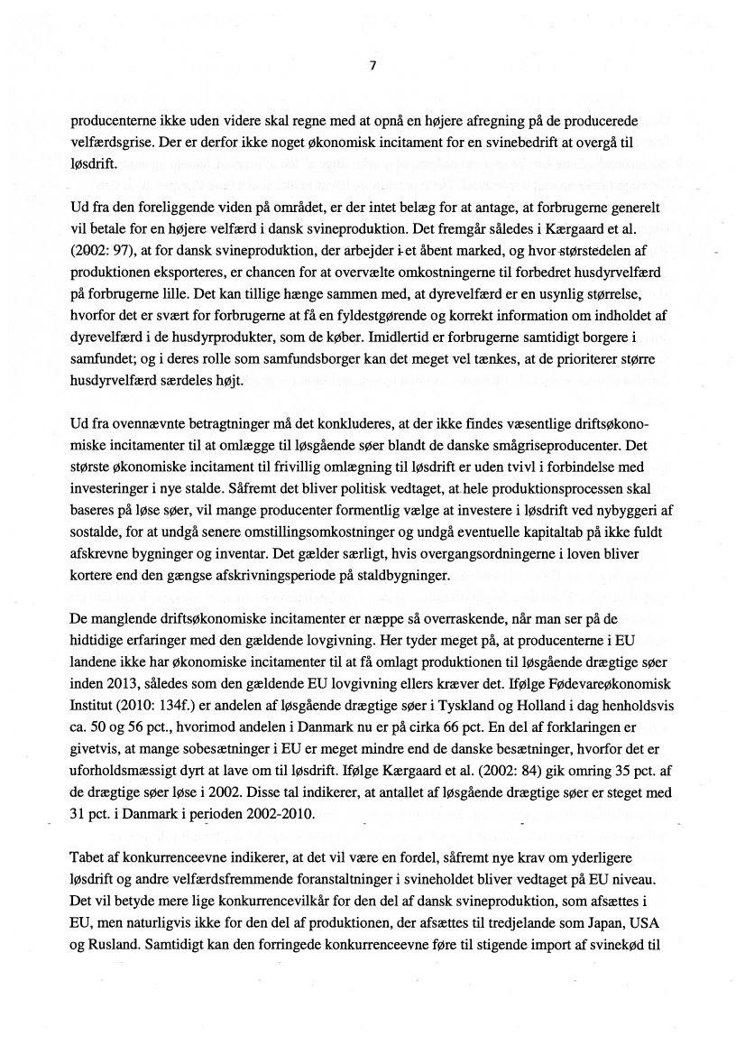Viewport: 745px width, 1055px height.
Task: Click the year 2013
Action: point(121,680)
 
